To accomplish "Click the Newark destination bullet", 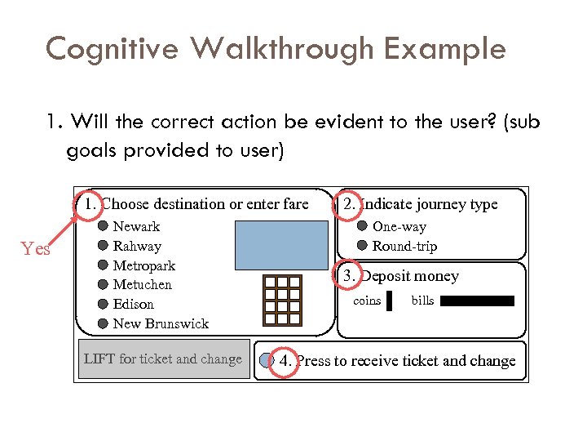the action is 104,226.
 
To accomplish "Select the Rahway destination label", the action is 137,246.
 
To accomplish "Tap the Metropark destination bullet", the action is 104,265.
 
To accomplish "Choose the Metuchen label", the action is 143,285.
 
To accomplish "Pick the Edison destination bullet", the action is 104,304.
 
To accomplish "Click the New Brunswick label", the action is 161,323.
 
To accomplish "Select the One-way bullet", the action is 363,226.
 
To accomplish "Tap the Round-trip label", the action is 404,246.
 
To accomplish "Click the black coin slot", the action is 389,301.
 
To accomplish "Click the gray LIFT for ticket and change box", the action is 163,359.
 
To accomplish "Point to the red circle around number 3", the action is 349,276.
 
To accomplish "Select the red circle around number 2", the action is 349,204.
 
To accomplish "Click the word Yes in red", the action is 36,249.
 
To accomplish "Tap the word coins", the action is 367,301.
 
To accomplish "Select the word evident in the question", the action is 333,122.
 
